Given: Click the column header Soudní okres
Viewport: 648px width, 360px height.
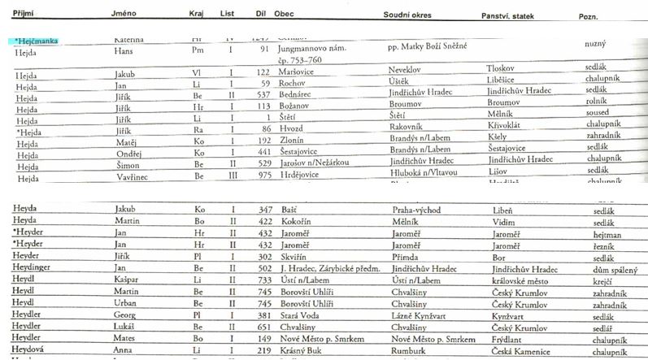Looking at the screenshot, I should click(407, 15).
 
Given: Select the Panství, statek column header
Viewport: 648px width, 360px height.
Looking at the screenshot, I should click(511, 15).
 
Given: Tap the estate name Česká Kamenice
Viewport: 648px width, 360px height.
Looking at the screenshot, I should click(521, 351).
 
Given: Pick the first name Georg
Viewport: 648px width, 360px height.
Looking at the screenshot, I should click(123, 315).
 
